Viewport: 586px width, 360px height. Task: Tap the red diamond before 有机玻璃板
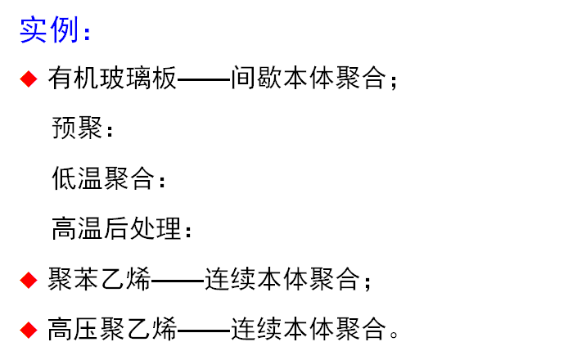click(29, 79)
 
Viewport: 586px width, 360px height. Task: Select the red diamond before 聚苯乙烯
click(29, 281)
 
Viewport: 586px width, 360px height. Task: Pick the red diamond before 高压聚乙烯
click(29, 331)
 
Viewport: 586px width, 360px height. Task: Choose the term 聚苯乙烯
click(99, 281)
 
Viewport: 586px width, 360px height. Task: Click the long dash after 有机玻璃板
click(203, 80)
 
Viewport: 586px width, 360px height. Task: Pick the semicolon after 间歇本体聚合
click(394, 82)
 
